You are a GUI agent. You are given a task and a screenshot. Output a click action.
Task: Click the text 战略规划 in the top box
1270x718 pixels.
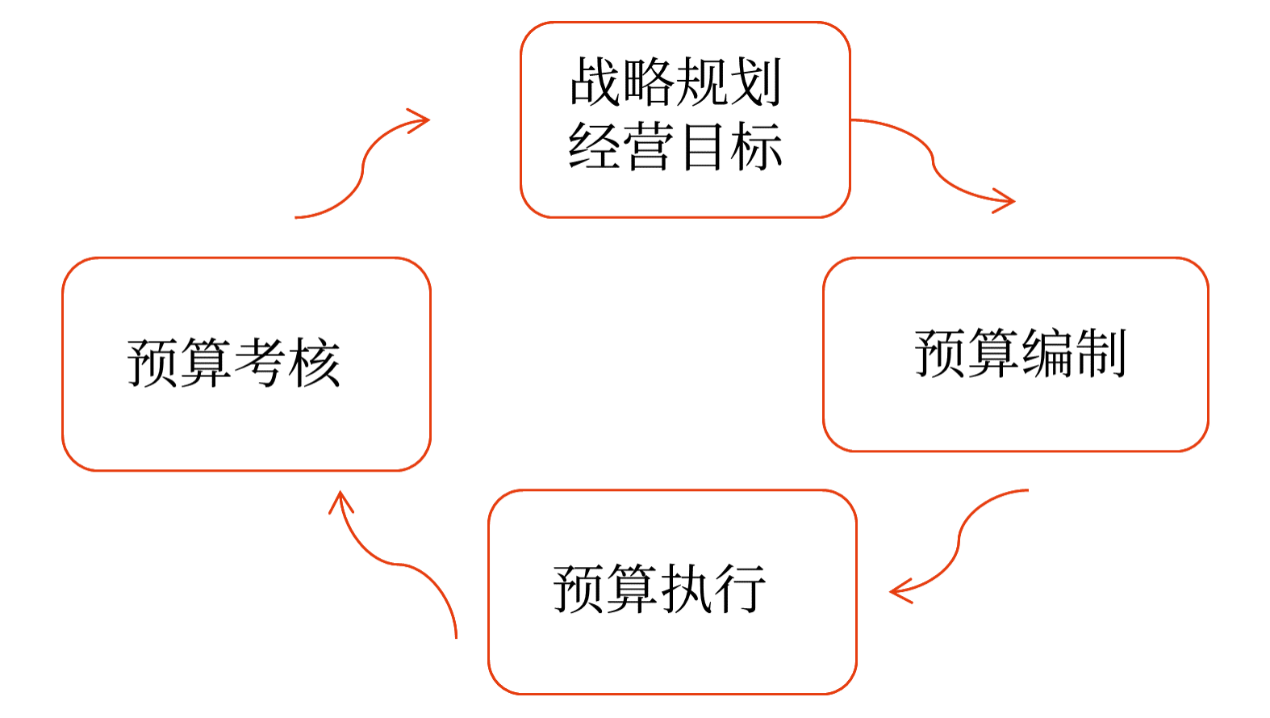click(676, 82)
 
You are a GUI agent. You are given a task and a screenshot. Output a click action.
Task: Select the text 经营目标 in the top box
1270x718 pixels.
click(676, 146)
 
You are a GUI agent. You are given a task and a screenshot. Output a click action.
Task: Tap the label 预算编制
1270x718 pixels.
click(1020, 354)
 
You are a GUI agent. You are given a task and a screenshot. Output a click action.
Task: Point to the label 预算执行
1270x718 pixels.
click(659, 589)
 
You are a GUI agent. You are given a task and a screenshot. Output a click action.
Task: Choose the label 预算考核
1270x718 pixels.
click(234, 363)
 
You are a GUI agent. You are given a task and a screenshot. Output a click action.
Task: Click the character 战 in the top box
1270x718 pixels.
click(596, 82)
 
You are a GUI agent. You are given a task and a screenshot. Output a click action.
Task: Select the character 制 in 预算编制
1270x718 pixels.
click(1101, 354)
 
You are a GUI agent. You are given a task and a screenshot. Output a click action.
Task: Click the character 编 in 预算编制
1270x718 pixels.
click(1047, 354)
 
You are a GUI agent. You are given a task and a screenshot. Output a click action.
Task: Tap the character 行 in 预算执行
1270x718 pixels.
click(739, 589)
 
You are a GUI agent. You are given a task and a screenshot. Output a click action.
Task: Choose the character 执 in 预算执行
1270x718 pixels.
click(686, 589)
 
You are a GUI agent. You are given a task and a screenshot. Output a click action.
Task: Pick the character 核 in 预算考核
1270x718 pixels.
click(314, 363)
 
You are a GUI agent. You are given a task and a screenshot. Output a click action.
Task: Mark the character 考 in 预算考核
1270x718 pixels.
click(261, 363)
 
